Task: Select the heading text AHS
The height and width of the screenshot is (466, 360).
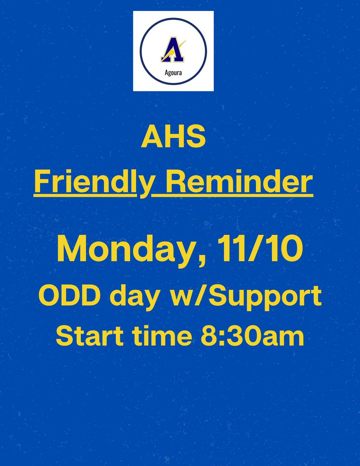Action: (173, 138)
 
